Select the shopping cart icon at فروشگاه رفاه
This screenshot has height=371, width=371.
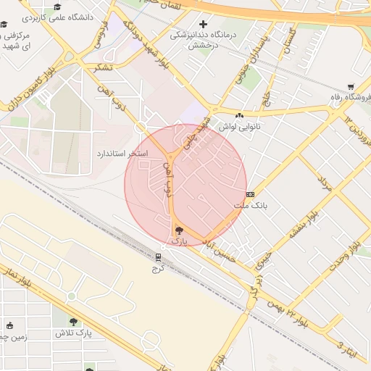(x=351, y=86)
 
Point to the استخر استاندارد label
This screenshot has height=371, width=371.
(x=122, y=154)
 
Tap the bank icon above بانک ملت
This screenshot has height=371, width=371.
(x=250, y=194)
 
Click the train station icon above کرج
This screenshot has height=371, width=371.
(x=159, y=257)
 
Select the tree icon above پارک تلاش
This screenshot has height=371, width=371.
(x=73, y=321)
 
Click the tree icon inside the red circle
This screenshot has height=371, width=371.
(x=179, y=230)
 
